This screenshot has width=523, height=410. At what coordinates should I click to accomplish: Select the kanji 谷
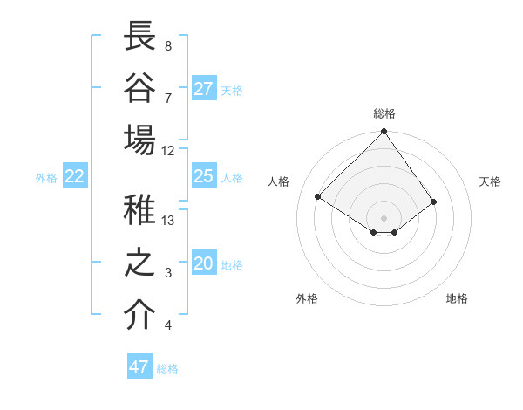point(139,88)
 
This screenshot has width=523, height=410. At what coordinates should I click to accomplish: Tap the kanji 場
point(139,140)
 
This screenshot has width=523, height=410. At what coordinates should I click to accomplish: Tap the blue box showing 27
point(204,89)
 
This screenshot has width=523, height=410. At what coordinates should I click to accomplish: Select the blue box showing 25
point(204,176)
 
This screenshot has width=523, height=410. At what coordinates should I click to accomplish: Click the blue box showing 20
point(204,264)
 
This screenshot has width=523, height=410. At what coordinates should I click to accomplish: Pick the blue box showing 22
point(75,177)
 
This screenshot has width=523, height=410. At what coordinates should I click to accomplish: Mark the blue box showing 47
point(139,367)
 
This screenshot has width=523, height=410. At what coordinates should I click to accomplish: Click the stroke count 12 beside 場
point(168,151)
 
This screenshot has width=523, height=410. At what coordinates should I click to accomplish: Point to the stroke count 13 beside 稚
point(168,221)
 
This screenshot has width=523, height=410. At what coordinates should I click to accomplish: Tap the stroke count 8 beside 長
point(168,45)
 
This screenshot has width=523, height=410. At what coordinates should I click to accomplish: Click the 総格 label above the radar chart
point(384,113)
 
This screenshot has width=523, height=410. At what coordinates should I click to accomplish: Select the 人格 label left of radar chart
point(279,181)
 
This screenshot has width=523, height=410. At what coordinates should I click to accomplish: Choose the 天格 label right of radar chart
point(490,181)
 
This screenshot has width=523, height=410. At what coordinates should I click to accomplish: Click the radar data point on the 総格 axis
point(384,132)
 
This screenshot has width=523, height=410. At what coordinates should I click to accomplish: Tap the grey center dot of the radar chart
point(384,216)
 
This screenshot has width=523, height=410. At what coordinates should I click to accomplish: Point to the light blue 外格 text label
point(46,178)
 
